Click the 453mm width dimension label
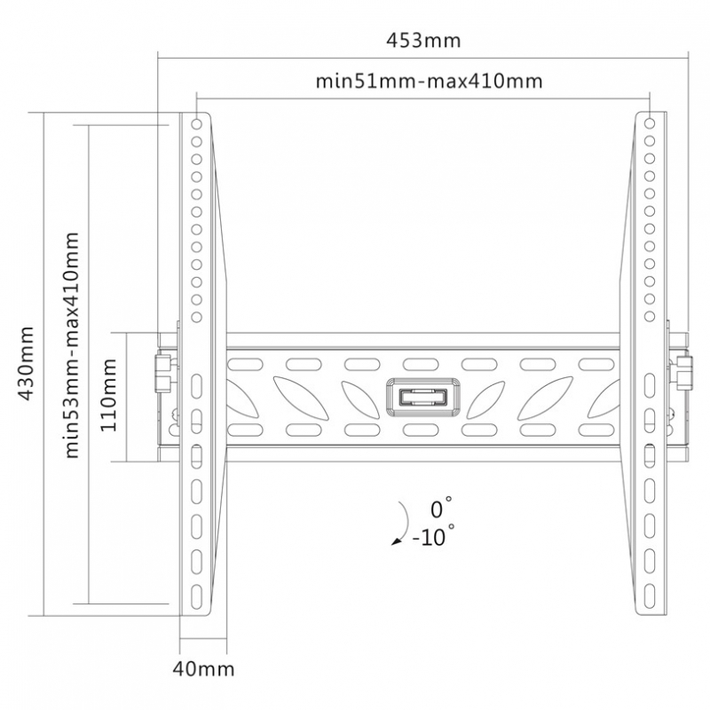pos(423,40)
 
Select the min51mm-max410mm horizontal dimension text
pos(429,82)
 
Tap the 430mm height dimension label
pos(26,363)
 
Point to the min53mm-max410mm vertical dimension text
pos(72,345)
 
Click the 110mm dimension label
pos(108,394)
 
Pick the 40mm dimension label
pos(203,669)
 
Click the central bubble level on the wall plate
pos(423,397)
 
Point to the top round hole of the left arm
pos(196,123)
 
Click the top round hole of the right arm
pos(650,123)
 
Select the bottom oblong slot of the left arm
pos(196,596)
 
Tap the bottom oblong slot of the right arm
pos(650,596)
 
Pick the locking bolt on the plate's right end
pos(684,373)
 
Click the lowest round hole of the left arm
pos(196,317)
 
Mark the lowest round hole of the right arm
pos(650,316)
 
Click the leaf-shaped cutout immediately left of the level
pos(360,399)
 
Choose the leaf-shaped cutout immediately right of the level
pos(485,399)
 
